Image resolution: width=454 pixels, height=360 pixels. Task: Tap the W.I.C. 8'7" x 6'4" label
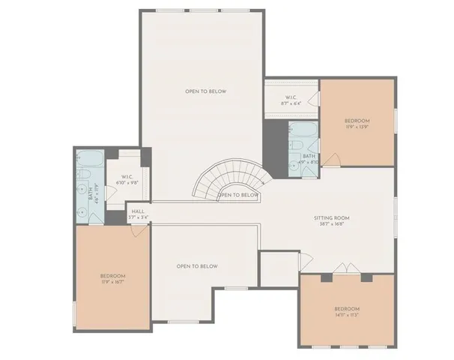click(291, 101)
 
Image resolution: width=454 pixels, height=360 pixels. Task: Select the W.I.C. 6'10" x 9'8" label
click(126, 181)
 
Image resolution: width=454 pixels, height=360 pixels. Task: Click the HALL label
click(139, 214)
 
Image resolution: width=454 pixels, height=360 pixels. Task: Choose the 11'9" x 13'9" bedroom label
click(357, 124)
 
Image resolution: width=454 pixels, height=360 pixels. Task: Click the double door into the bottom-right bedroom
click(342, 268)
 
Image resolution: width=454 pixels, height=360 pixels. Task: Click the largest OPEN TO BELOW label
click(206, 91)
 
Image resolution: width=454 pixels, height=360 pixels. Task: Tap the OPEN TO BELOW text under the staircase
click(238, 195)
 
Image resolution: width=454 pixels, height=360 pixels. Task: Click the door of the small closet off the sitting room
click(303, 260)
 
